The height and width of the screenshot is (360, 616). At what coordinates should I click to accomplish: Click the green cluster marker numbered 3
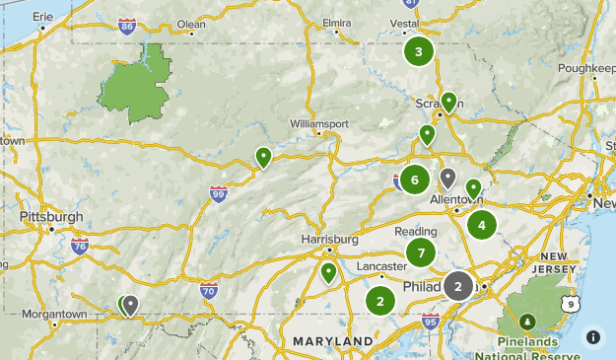[x=419, y=51]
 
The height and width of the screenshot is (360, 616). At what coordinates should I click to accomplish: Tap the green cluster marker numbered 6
[x=415, y=180]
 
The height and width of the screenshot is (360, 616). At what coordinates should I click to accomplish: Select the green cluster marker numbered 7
[x=421, y=252]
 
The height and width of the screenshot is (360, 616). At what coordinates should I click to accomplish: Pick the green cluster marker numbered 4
[x=482, y=225]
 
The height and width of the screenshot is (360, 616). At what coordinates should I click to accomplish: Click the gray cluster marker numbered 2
[x=458, y=285]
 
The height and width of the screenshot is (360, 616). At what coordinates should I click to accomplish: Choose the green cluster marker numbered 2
[x=380, y=301]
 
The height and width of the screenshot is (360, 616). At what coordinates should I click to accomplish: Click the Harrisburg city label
[x=329, y=240]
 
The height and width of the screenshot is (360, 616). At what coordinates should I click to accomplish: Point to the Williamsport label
[x=319, y=123]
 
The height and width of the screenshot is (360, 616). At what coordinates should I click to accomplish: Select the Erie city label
[x=42, y=17]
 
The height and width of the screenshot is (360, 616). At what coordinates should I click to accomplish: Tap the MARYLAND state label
[x=333, y=341]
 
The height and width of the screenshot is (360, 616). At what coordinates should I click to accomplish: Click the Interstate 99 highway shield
[x=219, y=194]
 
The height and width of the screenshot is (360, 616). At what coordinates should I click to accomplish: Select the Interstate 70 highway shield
[x=208, y=290]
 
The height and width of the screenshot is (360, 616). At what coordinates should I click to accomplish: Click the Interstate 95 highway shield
[x=430, y=321]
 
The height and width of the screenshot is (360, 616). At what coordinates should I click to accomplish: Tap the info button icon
[x=593, y=336]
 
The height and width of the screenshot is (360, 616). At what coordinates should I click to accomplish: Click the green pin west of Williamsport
[x=263, y=157]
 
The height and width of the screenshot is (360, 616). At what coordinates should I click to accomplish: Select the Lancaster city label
[x=381, y=267]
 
